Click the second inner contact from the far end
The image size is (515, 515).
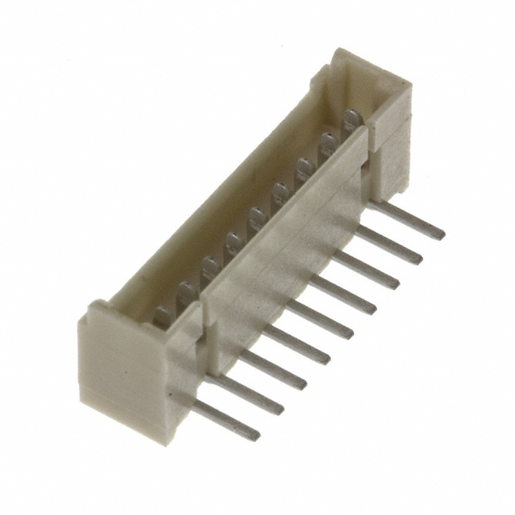(x=328, y=146)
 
